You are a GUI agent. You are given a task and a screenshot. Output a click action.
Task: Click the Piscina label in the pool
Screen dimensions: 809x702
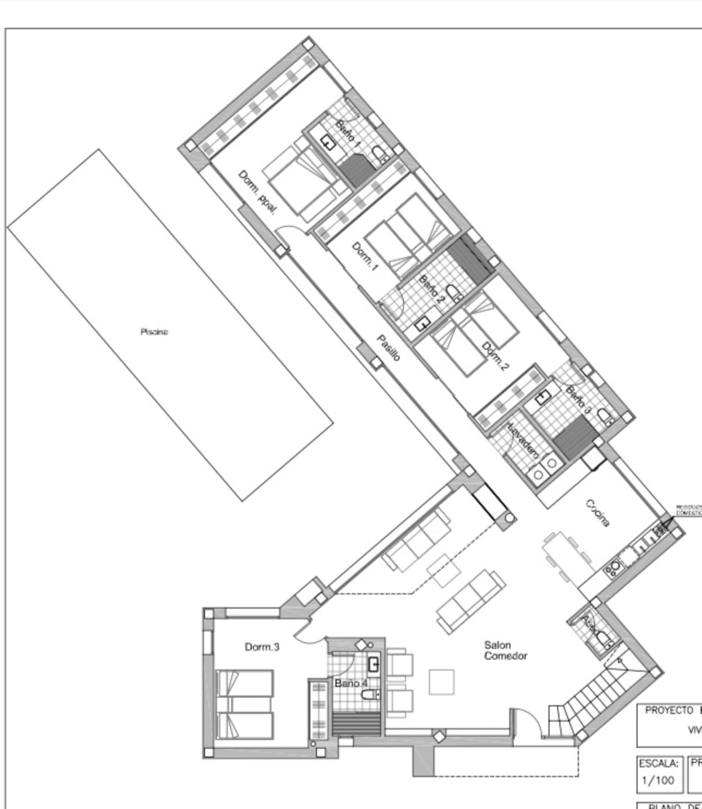(x=154, y=332)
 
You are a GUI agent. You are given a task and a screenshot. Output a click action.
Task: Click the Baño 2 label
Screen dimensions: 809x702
(x=432, y=288)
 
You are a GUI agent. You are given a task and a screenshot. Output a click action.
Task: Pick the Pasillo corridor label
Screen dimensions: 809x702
(x=388, y=347)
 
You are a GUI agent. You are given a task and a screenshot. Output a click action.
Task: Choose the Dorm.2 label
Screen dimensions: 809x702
(x=495, y=356)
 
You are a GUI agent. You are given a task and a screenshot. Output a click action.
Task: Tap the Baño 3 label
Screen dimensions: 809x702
(x=578, y=399)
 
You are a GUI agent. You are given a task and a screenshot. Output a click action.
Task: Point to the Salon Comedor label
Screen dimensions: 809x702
(x=505, y=650)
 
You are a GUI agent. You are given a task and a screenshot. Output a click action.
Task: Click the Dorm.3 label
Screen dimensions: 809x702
(x=261, y=647)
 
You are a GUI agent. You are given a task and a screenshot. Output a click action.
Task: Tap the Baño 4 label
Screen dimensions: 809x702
(x=351, y=683)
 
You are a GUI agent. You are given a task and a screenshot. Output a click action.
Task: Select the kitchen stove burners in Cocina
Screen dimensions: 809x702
(x=613, y=568)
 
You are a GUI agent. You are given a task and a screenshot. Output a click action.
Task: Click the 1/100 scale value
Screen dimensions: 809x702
(x=658, y=780)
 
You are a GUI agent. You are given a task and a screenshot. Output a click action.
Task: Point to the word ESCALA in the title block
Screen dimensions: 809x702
(x=659, y=763)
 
